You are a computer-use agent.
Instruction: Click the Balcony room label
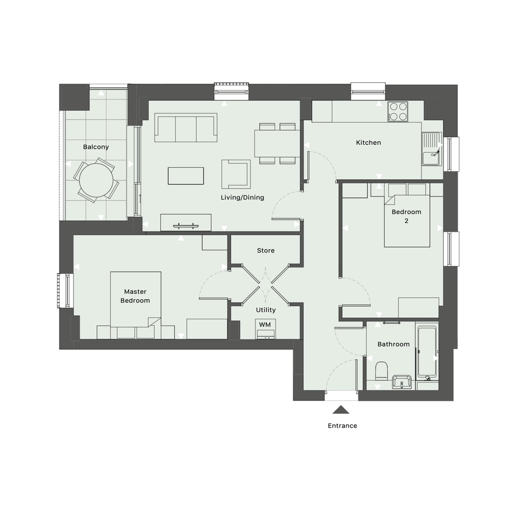[96, 147]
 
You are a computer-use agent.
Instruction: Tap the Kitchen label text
[368, 143]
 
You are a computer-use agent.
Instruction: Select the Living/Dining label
[242, 197]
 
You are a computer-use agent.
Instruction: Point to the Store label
[266, 251]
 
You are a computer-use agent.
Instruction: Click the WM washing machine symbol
[265, 329]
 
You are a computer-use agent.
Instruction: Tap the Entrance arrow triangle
[341, 409]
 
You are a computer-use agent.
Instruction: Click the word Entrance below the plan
[342, 426]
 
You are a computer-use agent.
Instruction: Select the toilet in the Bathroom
[381, 371]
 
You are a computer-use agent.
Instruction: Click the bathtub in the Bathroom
[427, 351]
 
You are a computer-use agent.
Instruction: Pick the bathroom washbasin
[402, 382]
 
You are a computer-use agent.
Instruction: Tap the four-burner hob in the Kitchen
[398, 112]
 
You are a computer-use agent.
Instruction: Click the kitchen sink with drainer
[431, 149]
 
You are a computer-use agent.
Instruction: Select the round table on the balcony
[96, 180]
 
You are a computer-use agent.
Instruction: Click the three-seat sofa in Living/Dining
[186, 128]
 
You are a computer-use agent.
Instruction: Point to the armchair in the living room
[236, 174]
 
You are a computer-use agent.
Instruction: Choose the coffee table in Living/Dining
[186, 176]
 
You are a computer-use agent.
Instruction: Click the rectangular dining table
[277, 144]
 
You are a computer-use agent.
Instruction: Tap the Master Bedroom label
[135, 296]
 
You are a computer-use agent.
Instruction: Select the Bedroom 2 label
[406, 217]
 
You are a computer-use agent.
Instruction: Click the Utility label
[266, 310]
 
